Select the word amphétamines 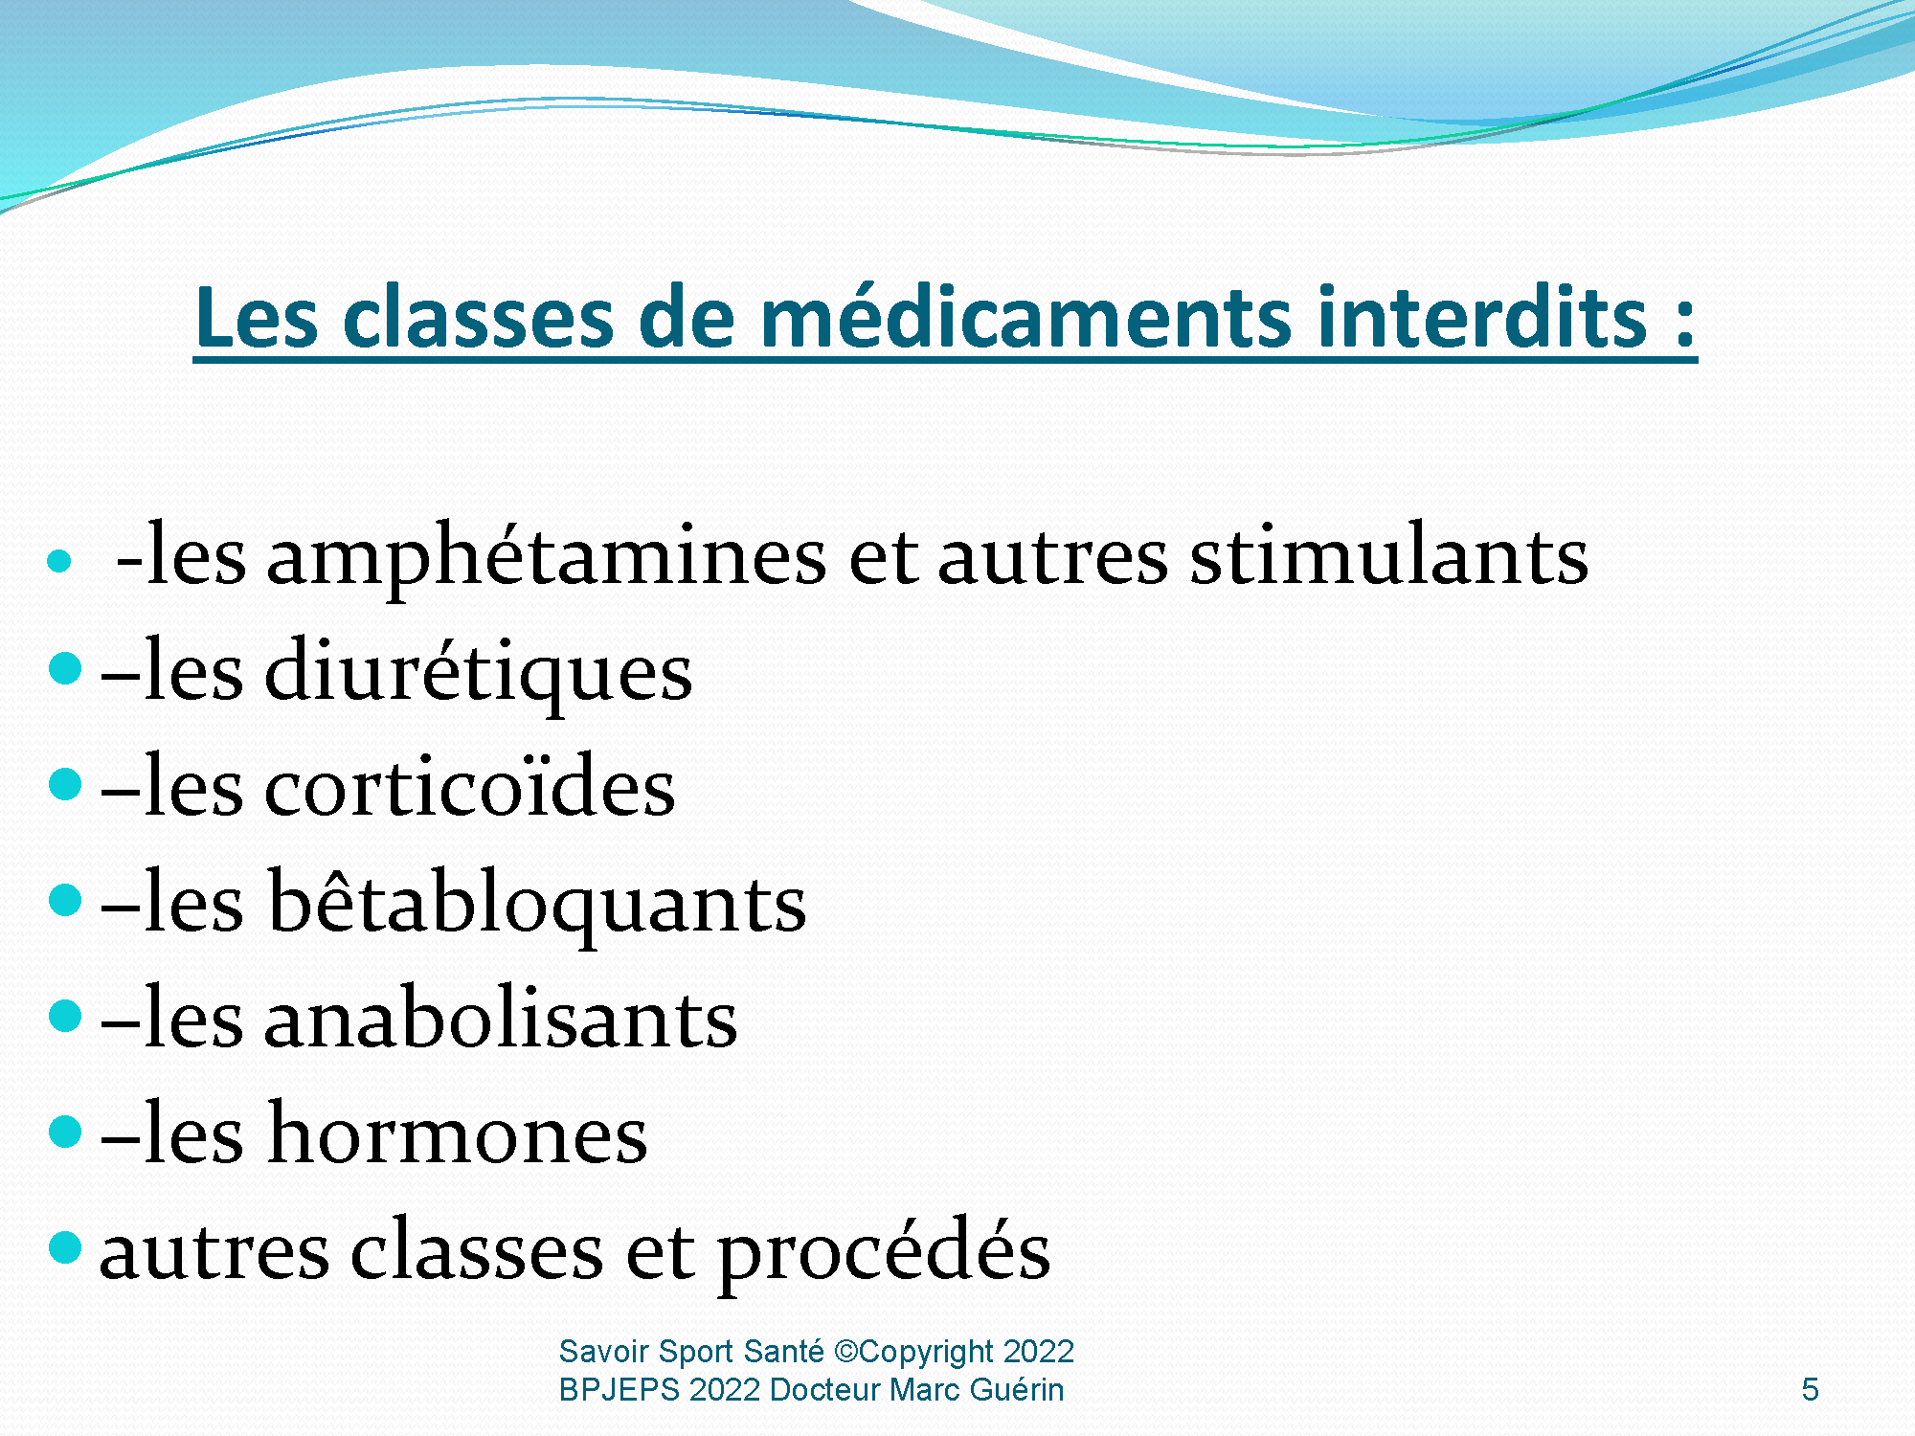pos(546,557)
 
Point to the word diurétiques pos(478,672)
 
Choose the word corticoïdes pos(469,787)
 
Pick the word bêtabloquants pos(536,902)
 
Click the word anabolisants pos(501,1017)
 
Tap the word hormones pos(458,1133)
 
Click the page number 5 pos(1810,1389)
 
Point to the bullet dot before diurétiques pos(65,668)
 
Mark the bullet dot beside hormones pos(65,1131)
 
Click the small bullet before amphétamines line pos(59,560)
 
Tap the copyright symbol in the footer pos(846,1352)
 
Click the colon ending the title pos(1685,325)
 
